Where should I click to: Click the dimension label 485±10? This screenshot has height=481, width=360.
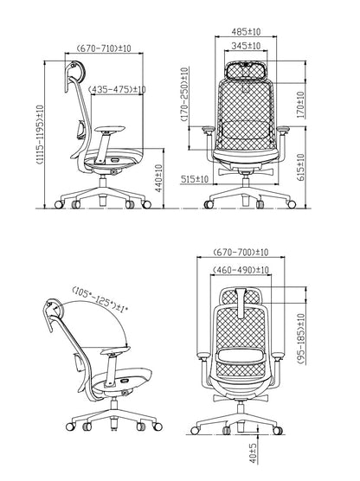click(x=246, y=32)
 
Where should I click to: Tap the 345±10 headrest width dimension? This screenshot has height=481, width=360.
click(x=246, y=46)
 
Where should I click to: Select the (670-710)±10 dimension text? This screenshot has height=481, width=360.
click(x=104, y=48)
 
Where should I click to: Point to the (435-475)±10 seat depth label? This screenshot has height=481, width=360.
click(x=117, y=90)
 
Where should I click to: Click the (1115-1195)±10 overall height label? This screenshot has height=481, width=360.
click(x=40, y=135)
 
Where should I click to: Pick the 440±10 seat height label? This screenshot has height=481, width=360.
click(x=158, y=178)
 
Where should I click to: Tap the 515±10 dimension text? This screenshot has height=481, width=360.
click(x=195, y=179)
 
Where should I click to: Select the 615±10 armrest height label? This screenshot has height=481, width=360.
click(x=301, y=167)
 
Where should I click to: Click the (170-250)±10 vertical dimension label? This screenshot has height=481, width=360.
click(x=184, y=94)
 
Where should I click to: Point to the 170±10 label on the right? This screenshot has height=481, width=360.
click(x=301, y=105)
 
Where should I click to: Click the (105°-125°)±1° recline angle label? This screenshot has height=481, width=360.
click(x=100, y=300)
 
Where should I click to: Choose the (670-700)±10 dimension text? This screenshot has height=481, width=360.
click(x=241, y=252)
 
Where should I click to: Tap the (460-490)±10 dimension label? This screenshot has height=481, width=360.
click(x=241, y=270)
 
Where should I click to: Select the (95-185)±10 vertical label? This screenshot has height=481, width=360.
click(x=301, y=339)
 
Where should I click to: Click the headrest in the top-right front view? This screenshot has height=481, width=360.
click(x=246, y=70)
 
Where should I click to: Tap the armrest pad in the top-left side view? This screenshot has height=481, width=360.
click(x=110, y=129)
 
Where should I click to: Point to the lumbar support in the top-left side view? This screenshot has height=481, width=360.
click(x=80, y=129)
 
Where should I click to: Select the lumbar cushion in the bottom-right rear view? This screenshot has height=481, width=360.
click(x=241, y=356)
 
